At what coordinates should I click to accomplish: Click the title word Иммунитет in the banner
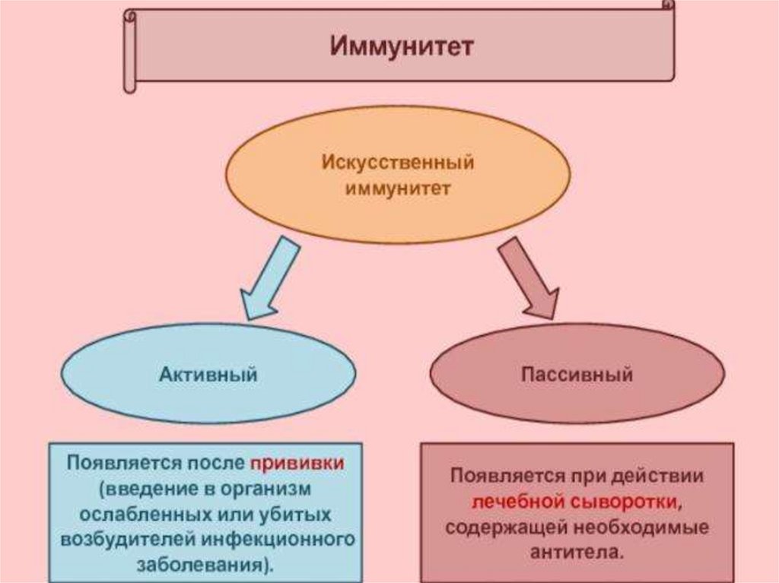[401, 46]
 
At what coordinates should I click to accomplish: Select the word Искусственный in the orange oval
[398, 163]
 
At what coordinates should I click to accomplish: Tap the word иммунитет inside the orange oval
[398, 187]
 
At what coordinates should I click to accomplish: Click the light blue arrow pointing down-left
[269, 277]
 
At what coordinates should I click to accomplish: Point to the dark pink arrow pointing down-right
[529, 277]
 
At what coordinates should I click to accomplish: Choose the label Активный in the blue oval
[208, 374]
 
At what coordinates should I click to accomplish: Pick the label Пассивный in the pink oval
[577, 375]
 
